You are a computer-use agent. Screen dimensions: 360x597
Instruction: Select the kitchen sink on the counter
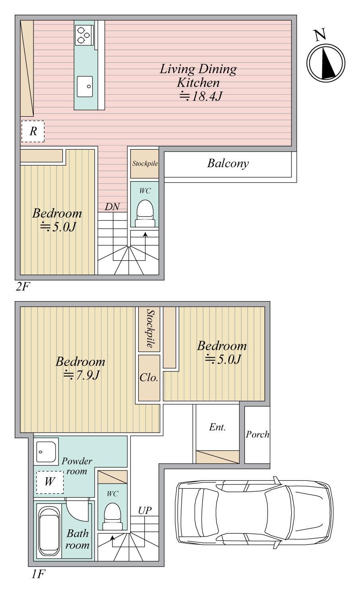click(x=85, y=86)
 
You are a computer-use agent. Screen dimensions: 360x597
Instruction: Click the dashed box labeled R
click(x=33, y=131)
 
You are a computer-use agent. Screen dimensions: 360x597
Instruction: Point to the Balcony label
click(x=228, y=163)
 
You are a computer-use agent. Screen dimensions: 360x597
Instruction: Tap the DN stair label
click(x=112, y=207)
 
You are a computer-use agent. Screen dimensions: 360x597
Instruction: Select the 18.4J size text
click(x=201, y=96)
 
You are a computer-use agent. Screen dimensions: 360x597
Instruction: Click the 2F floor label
click(x=23, y=287)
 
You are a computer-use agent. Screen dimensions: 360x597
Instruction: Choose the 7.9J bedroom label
click(x=80, y=368)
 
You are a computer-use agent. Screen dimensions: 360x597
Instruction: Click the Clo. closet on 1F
click(x=149, y=378)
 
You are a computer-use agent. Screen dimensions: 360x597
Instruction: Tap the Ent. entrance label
click(x=217, y=427)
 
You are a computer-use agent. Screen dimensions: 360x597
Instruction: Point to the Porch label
click(x=257, y=435)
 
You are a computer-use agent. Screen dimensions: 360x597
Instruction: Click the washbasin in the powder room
click(x=46, y=452)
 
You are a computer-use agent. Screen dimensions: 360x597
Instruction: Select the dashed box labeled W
click(x=50, y=482)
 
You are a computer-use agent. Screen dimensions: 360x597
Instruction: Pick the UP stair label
click(x=145, y=510)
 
